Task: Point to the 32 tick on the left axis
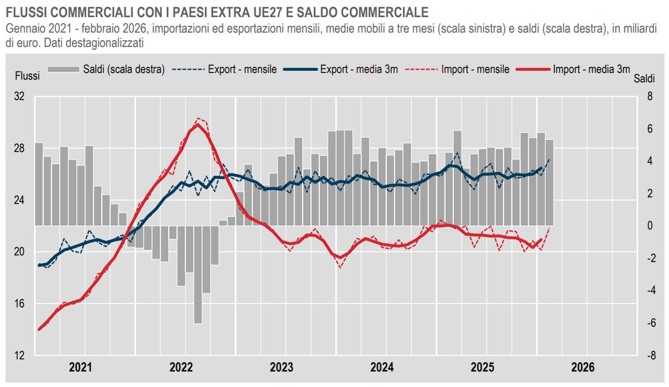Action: pyautogui.click(x=19, y=97)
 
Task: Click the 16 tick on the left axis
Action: pyautogui.click(x=19, y=304)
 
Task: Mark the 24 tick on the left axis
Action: pyautogui.click(x=19, y=200)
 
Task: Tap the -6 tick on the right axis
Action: pyautogui.click(x=650, y=323)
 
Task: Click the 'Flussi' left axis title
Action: pyautogui.click(x=27, y=76)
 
